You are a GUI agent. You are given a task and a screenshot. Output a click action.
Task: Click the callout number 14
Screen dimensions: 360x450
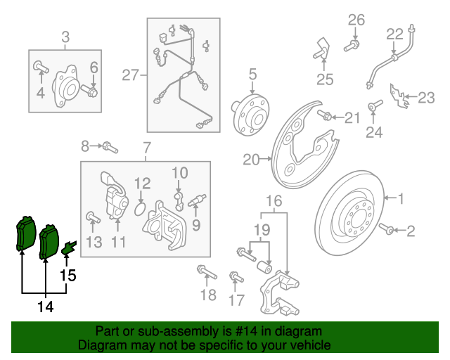(x=46, y=307)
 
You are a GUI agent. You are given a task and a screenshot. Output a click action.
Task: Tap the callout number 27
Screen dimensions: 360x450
(x=131, y=75)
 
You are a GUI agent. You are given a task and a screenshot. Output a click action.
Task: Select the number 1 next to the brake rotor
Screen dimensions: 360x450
(x=401, y=200)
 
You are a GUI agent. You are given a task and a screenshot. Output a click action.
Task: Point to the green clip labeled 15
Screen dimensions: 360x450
(x=69, y=247)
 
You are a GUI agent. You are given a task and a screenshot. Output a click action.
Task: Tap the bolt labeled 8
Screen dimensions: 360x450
(x=109, y=147)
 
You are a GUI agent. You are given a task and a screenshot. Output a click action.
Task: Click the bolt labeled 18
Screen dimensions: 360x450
(x=203, y=271)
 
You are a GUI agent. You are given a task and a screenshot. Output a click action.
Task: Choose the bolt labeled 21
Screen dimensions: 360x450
(x=326, y=115)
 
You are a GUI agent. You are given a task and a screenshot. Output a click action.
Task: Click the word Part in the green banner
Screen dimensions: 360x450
(x=108, y=331)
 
